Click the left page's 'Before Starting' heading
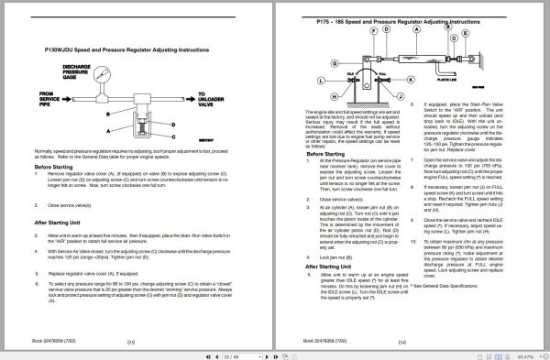pyautogui.click(x=56, y=167)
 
